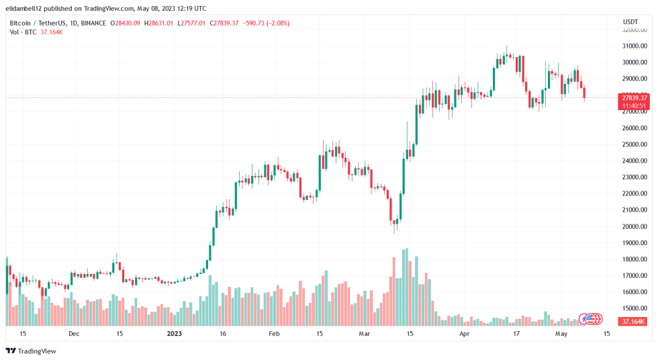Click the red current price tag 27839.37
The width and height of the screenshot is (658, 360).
coord(634,97)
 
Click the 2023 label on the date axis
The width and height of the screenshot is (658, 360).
coord(174,333)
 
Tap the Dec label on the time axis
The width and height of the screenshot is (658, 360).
coord(74,333)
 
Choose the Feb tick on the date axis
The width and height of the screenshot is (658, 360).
coord(274,333)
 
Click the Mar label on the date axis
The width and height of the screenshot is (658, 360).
coord(364,333)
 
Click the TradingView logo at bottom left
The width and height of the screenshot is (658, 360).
coord(31,351)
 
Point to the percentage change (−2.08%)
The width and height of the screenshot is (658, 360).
coord(275,24)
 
